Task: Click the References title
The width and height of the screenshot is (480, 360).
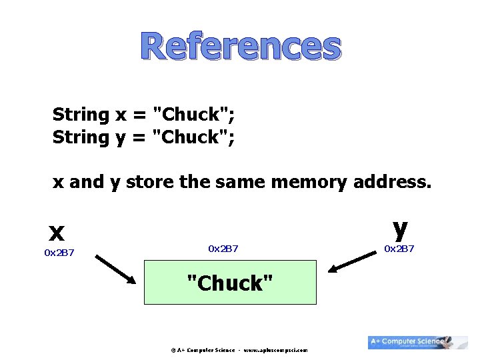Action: [241, 47]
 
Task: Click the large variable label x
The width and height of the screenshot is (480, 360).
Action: [57, 232]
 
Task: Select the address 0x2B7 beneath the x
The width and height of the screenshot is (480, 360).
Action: [59, 253]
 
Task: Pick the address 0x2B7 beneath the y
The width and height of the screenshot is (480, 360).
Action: [399, 249]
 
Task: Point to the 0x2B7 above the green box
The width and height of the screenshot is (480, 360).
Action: [223, 249]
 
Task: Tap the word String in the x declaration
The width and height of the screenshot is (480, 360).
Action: [81, 115]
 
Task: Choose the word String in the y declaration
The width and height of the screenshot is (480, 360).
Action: [81, 137]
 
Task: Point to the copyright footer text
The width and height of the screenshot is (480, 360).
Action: [239, 349]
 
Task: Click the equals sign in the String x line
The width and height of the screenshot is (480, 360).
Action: [139, 115]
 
